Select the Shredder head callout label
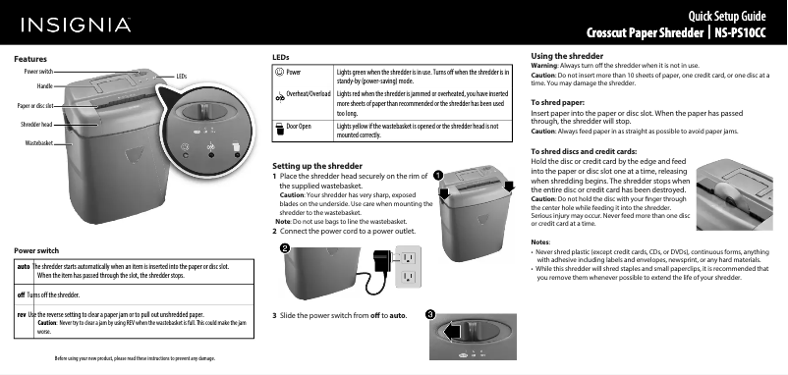point(36,125)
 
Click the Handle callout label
point(43,86)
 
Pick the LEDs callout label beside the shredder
point(182,76)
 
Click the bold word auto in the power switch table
point(23,266)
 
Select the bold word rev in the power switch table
point(22,313)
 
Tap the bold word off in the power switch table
point(21,294)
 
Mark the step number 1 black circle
point(438,175)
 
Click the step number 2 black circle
point(284,249)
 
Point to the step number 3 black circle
point(430,313)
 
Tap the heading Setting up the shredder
point(313,164)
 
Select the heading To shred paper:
point(558,102)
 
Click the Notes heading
point(539,240)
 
